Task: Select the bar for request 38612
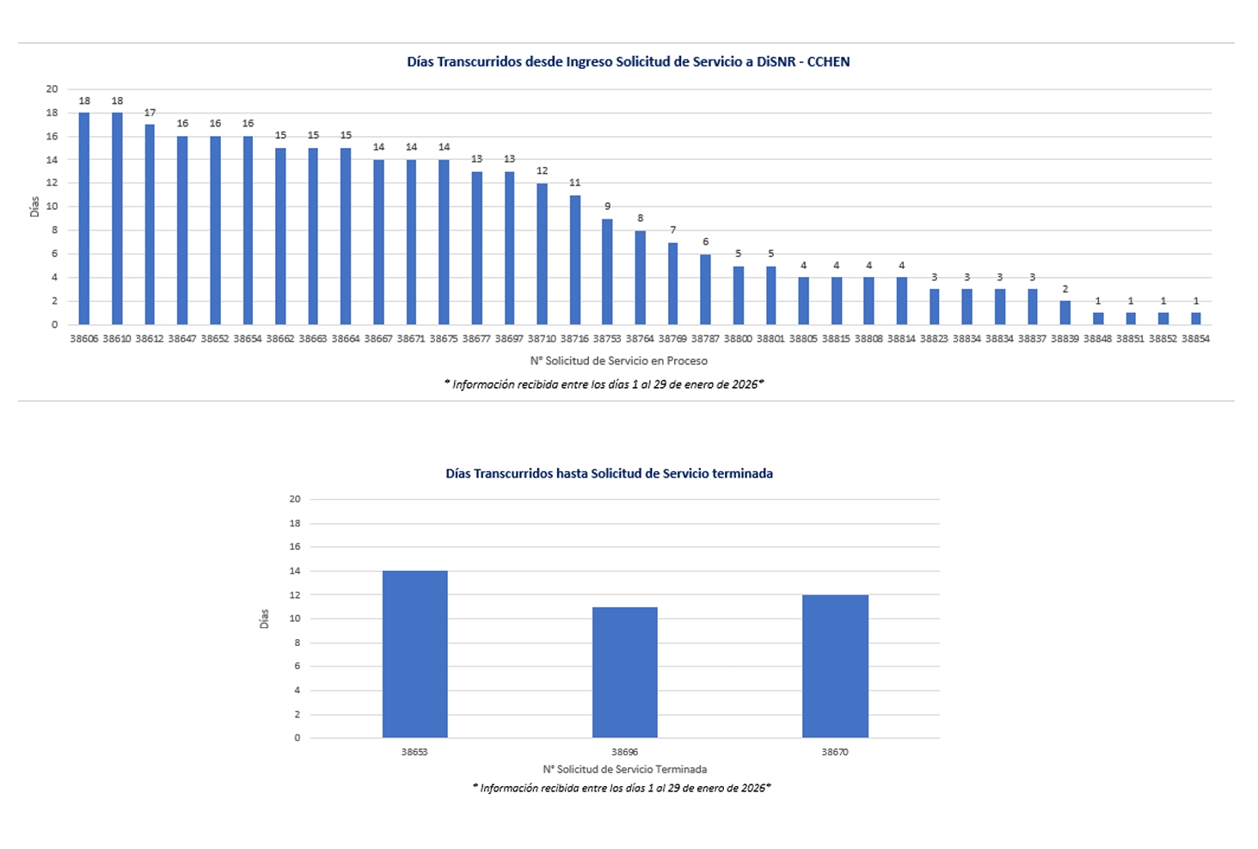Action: [150, 225]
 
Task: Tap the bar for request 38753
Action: [607, 272]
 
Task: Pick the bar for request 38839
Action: [1065, 312]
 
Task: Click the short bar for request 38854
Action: [1195, 318]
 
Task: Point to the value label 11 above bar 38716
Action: [574, 182]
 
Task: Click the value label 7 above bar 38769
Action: [672, 230]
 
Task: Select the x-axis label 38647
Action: [182, 339]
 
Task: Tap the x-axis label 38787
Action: [705, 339]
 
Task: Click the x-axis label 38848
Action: [1097, 339]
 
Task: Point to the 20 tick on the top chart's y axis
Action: [52, 89]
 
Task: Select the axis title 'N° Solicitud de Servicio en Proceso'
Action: [618, 361]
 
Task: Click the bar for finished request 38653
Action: [414, 654]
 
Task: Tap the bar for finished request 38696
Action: [624, 672]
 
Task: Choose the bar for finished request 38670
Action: [835, 666]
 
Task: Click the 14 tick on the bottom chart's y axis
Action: [295, 571]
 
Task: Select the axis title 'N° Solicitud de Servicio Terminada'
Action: [624, 769]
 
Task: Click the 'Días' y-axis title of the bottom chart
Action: [264, 618]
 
